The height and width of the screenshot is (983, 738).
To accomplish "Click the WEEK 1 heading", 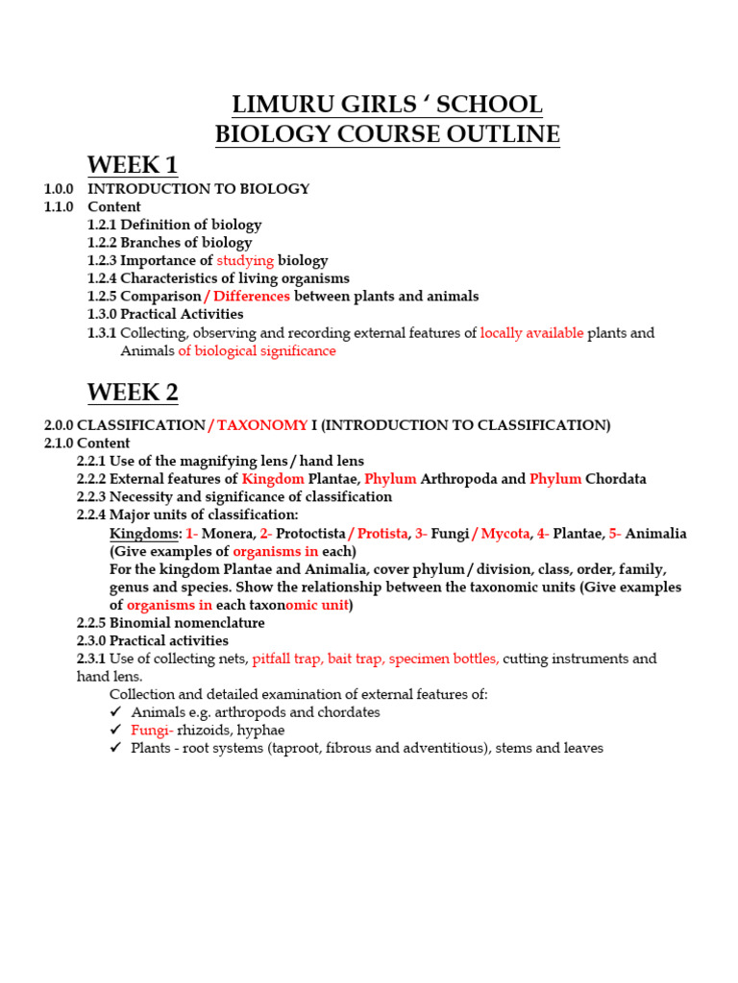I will tap(133, 165).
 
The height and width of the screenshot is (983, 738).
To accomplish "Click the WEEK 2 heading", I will tap(133, 394).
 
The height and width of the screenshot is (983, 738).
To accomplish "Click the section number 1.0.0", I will tap(59, 189).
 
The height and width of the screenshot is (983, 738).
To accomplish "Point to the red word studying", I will tap(245, 261).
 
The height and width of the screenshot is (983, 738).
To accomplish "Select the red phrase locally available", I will tap(531, 333).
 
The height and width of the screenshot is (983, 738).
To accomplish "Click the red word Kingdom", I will tap(273, 479).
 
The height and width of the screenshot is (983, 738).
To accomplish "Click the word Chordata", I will tap(616, 479).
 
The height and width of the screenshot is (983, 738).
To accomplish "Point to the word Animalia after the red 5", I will tap(656, 534).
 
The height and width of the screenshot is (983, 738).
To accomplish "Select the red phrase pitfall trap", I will tap(286, 659).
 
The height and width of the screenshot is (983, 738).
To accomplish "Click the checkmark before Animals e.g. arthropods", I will tap(116, 712).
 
